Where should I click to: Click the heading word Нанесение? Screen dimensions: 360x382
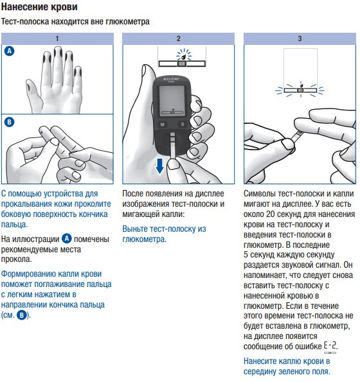[25, 7]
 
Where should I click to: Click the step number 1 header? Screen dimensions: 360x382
[57, 39]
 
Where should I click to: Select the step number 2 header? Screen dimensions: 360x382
[178, 39]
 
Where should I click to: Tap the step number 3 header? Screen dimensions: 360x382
[300, 39]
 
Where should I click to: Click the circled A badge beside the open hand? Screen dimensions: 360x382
[9, 51]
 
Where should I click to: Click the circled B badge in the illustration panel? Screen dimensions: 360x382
[9, 122]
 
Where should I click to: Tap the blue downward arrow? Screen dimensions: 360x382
[160, 166]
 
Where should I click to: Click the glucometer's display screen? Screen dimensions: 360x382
[172, 101]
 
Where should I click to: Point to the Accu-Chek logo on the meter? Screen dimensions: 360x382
[171, 80]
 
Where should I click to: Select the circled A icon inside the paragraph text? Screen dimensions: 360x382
[67, 238]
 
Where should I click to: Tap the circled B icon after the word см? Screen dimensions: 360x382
[22, 315]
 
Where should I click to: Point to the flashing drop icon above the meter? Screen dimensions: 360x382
[183, 56]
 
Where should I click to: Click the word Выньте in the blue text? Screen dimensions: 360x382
[135, 229]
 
